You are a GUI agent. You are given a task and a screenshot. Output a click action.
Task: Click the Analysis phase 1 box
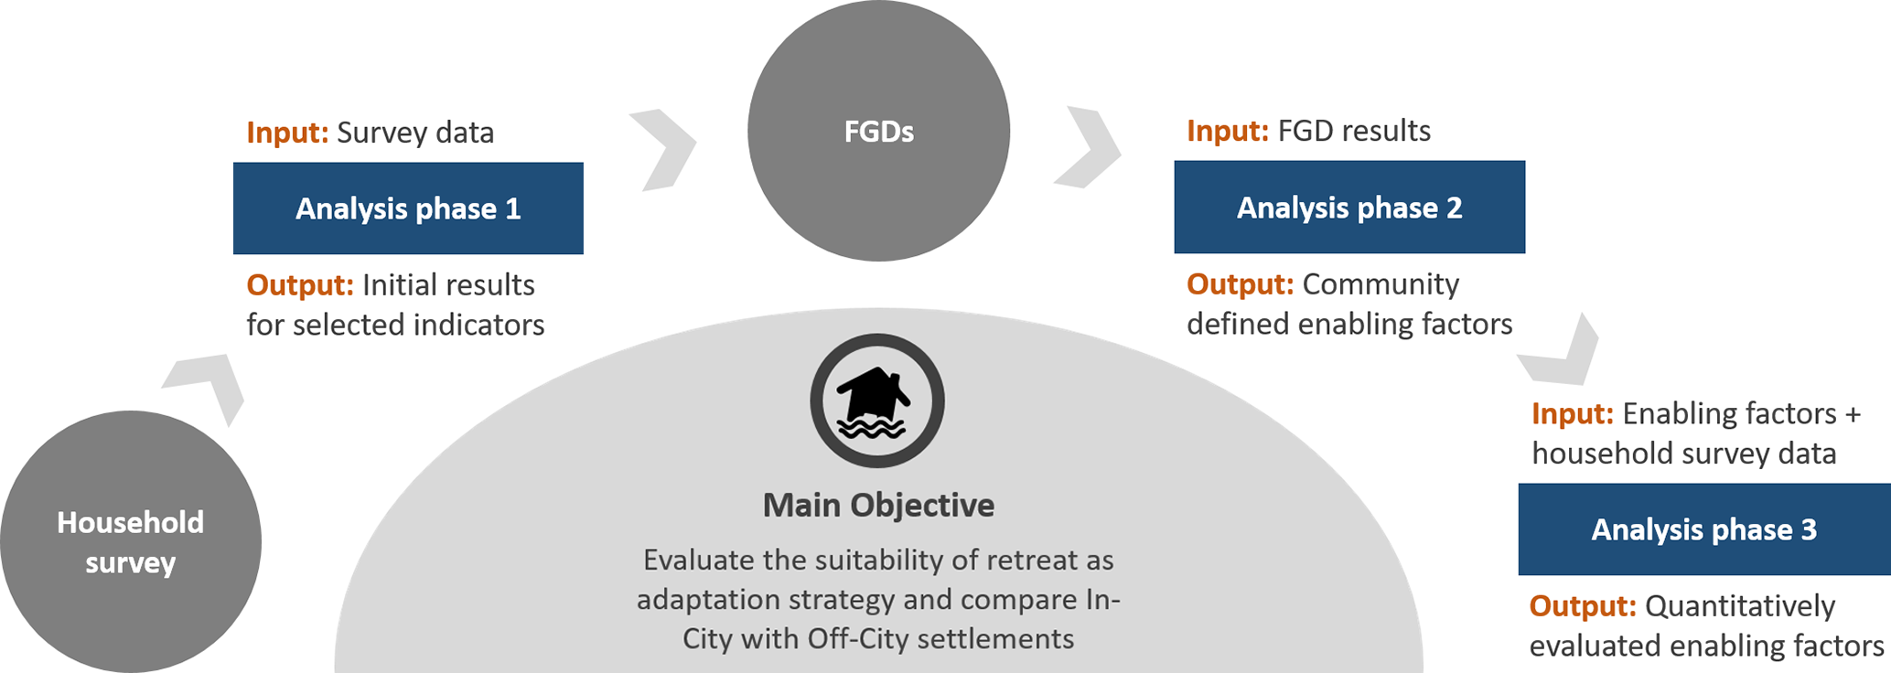408,208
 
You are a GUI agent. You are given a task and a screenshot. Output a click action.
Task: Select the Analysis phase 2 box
1349,208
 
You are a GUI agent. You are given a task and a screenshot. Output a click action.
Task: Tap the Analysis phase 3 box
1704,529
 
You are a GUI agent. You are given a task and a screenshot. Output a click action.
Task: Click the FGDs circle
878,131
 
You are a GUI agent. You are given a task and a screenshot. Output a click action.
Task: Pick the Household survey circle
131,541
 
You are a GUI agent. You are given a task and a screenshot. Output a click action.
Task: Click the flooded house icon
877,401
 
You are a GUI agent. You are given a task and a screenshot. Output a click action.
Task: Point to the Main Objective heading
878,505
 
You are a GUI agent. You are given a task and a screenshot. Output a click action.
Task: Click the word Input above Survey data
287,133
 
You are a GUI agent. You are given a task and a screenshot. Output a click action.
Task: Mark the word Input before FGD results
1228,131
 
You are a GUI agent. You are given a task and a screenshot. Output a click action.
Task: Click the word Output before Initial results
300,285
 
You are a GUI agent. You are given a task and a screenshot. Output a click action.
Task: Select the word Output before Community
1241,284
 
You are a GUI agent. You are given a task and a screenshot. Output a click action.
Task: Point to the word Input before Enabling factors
1573,413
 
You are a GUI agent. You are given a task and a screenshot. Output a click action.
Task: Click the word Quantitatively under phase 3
1740,606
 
